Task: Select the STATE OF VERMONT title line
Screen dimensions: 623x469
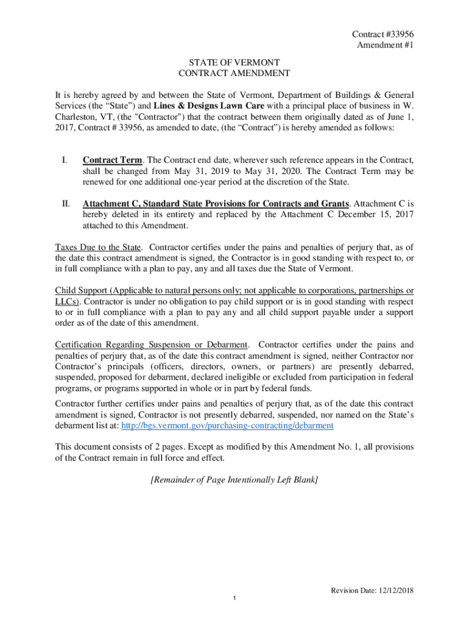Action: click(234, 62)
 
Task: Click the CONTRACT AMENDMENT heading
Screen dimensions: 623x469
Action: click(234, 74)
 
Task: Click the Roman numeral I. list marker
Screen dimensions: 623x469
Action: click(65, 160)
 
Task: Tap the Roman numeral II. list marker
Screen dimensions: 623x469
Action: click(66, 203)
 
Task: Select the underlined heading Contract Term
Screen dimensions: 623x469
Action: click(113, 160)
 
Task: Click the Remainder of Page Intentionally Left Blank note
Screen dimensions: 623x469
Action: click(234, 480)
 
